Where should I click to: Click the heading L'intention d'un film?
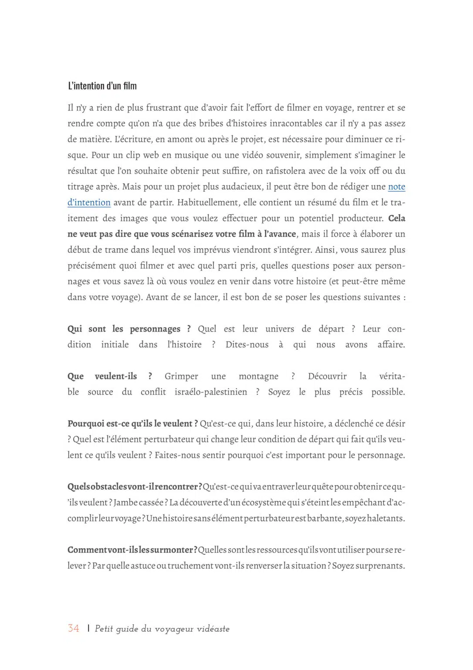pos(102,86)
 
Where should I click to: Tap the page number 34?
pos(74,629)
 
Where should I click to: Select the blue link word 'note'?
pos(396,187)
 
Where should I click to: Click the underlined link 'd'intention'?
pos(89,202)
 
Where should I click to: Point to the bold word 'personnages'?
pos(155,329)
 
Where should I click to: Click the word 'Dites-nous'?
pos(247,345)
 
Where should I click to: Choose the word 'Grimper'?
pos(181,376)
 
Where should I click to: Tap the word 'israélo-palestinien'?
pos(211,392)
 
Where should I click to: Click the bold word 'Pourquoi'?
pos(86,424)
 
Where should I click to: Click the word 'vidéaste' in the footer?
pos(213,629)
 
